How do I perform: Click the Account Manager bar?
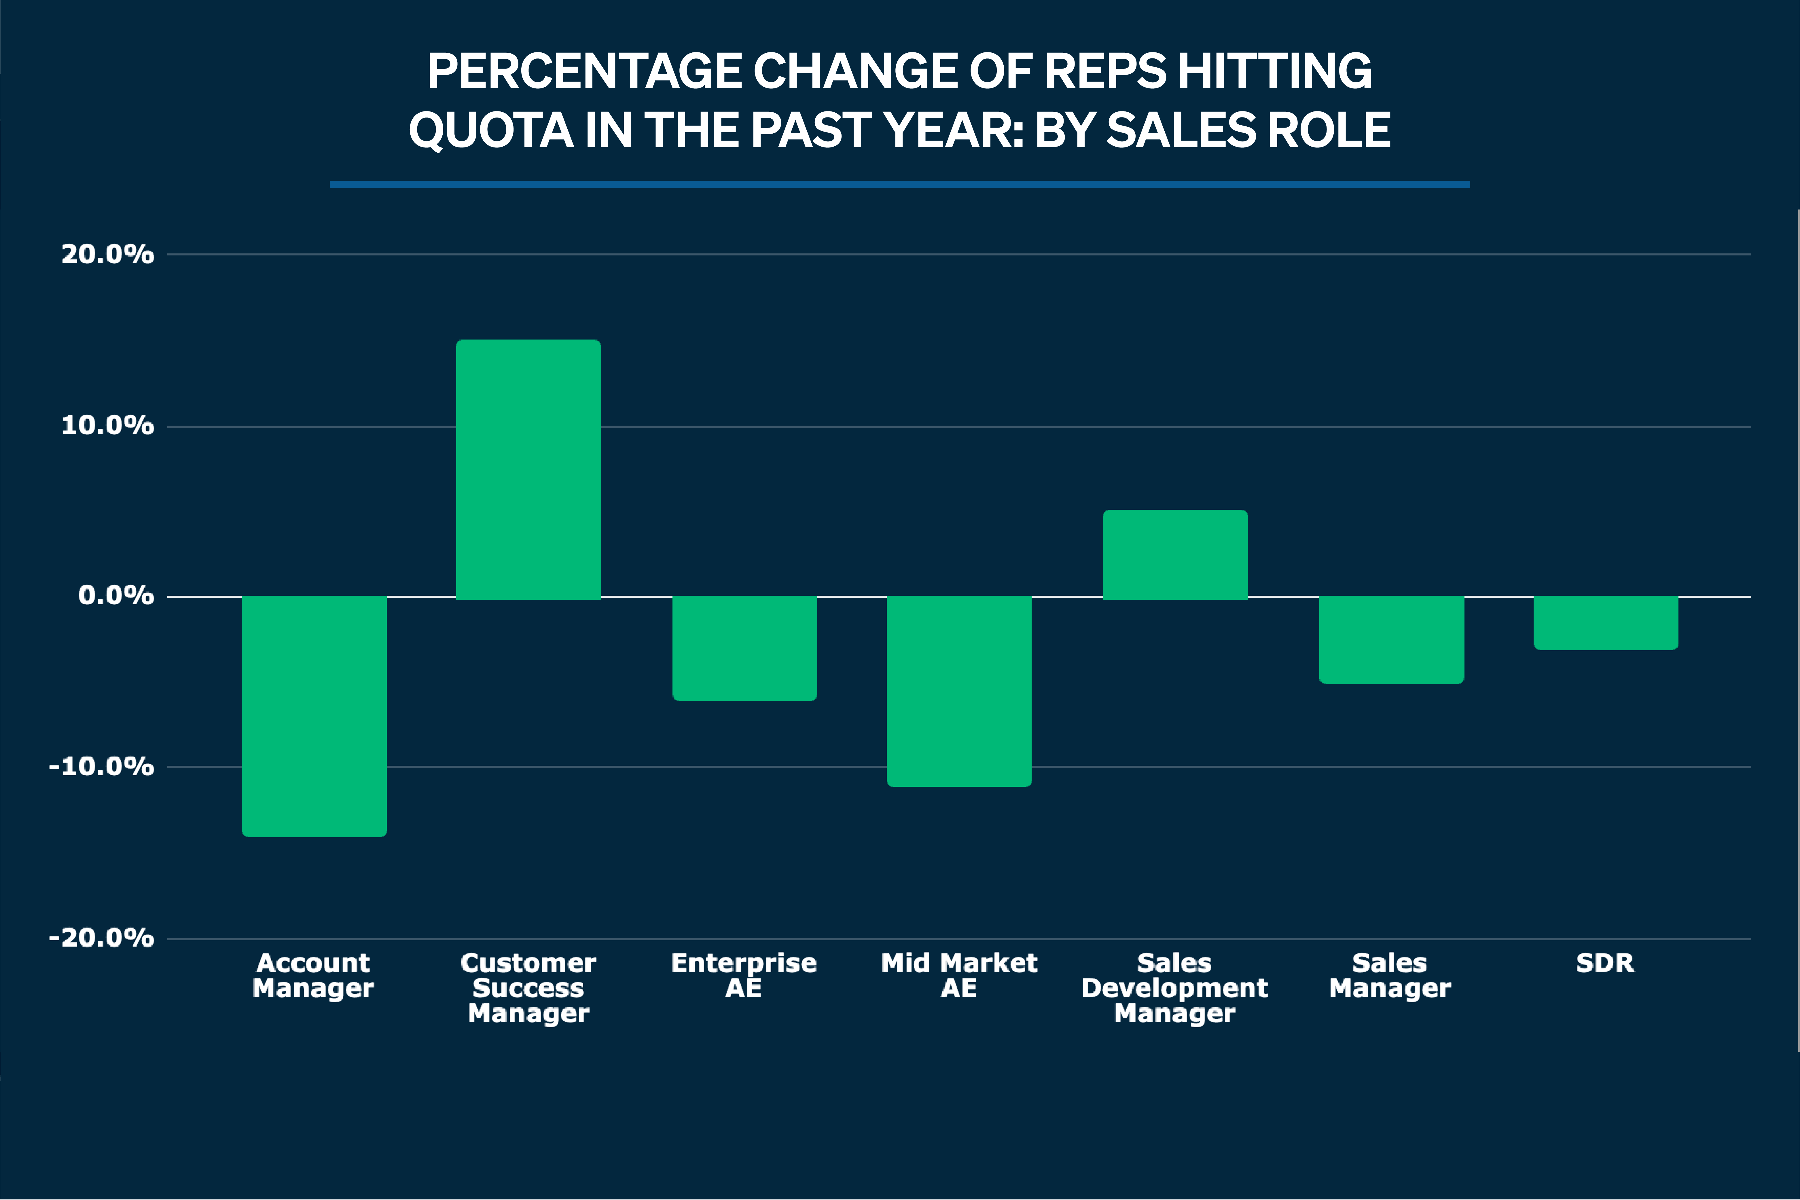pyautogui.click(x=314, y=716)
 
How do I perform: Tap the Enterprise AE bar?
pyautogui.click(x=745, y=647)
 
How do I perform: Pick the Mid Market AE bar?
pyautogui.click(x=959, y=690)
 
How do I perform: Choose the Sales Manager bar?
pyautogui.click(x=1391, y=639)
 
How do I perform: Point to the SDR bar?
pyautogui.click(x=1606, y=622)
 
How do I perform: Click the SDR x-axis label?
pyautogui.click(x=1605, y=963)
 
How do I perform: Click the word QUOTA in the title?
pyautogui.click(x=490, y=130)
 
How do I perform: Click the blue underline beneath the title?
pyautogui.click(x=899, y=184)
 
